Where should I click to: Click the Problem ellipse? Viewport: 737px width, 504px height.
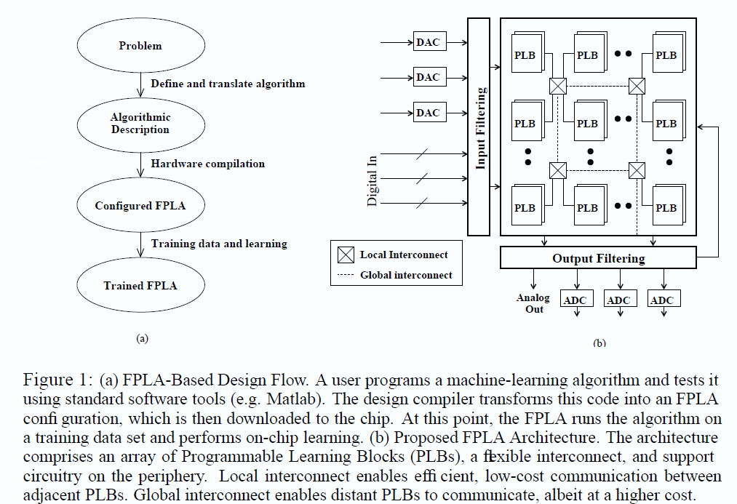(140, 46)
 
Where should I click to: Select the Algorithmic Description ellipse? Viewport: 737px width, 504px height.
(140, 124)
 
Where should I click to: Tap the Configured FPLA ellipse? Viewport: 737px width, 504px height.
(140, 206)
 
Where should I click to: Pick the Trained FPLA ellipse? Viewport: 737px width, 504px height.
(140, 285)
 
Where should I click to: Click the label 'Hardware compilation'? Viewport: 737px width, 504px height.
(207, 164)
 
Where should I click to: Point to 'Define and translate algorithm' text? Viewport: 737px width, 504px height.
(228, 84)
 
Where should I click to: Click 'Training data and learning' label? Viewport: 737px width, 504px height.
(219, 244)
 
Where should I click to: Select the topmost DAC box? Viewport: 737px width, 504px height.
(428, 42)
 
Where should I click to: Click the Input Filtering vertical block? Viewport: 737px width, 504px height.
(479, 128)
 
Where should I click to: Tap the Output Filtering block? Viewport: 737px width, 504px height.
(598, 258)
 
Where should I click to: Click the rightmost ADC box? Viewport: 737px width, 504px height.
(661, 300)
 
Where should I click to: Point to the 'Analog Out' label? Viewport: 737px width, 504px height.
(534, 303)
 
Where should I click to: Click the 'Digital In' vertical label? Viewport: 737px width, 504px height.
(373, 177)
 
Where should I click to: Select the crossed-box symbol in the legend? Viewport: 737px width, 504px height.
(346, 255)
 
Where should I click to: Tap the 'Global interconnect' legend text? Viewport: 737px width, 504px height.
(406, 275)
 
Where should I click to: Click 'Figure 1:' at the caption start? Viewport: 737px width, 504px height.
(54, 381)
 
